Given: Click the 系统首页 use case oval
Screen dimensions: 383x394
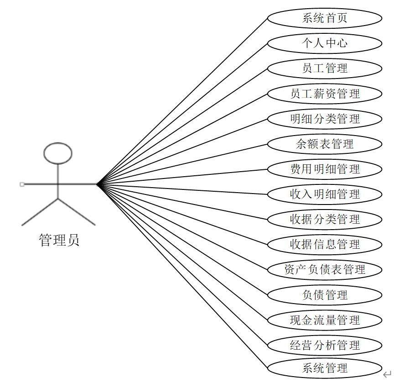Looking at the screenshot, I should [x=324, y=18].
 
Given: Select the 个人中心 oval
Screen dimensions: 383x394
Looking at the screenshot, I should [x=324, y=43].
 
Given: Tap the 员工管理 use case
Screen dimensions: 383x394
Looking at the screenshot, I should [x=324, y=68].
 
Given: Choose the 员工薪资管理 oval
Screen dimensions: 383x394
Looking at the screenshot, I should [x=324, y=94].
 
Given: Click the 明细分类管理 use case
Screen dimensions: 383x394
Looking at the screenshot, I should [x=324, y=119].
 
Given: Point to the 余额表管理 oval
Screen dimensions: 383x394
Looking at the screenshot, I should [x=324, y=144].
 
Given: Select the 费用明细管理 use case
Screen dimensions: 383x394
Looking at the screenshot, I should [x=324, y=169].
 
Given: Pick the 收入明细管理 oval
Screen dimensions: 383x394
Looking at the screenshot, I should [x=324, y=194].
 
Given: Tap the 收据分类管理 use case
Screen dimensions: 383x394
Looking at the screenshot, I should [x=324, y=220].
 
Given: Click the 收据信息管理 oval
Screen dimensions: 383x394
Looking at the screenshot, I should [x=324, y=245].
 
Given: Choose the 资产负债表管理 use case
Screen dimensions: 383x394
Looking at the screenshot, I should [x=324, y=270].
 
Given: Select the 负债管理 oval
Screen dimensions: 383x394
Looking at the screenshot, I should [x=324, y=295].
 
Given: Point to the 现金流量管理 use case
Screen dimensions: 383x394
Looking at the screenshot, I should [x=324, y=320].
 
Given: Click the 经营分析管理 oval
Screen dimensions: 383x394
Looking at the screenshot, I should [x=324, y=345].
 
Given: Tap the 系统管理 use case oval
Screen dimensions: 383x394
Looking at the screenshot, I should [x=324, y=368].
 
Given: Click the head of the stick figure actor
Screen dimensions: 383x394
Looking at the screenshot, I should [x=58, y=153].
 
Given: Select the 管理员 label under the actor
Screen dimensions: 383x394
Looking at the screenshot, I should [x=59, y=240].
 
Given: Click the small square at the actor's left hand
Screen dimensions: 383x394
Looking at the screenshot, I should [x=22, y=184].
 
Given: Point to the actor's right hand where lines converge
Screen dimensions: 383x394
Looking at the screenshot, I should [x=97, y=184].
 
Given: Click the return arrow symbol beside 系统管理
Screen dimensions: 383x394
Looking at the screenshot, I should [x=387, y=374].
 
